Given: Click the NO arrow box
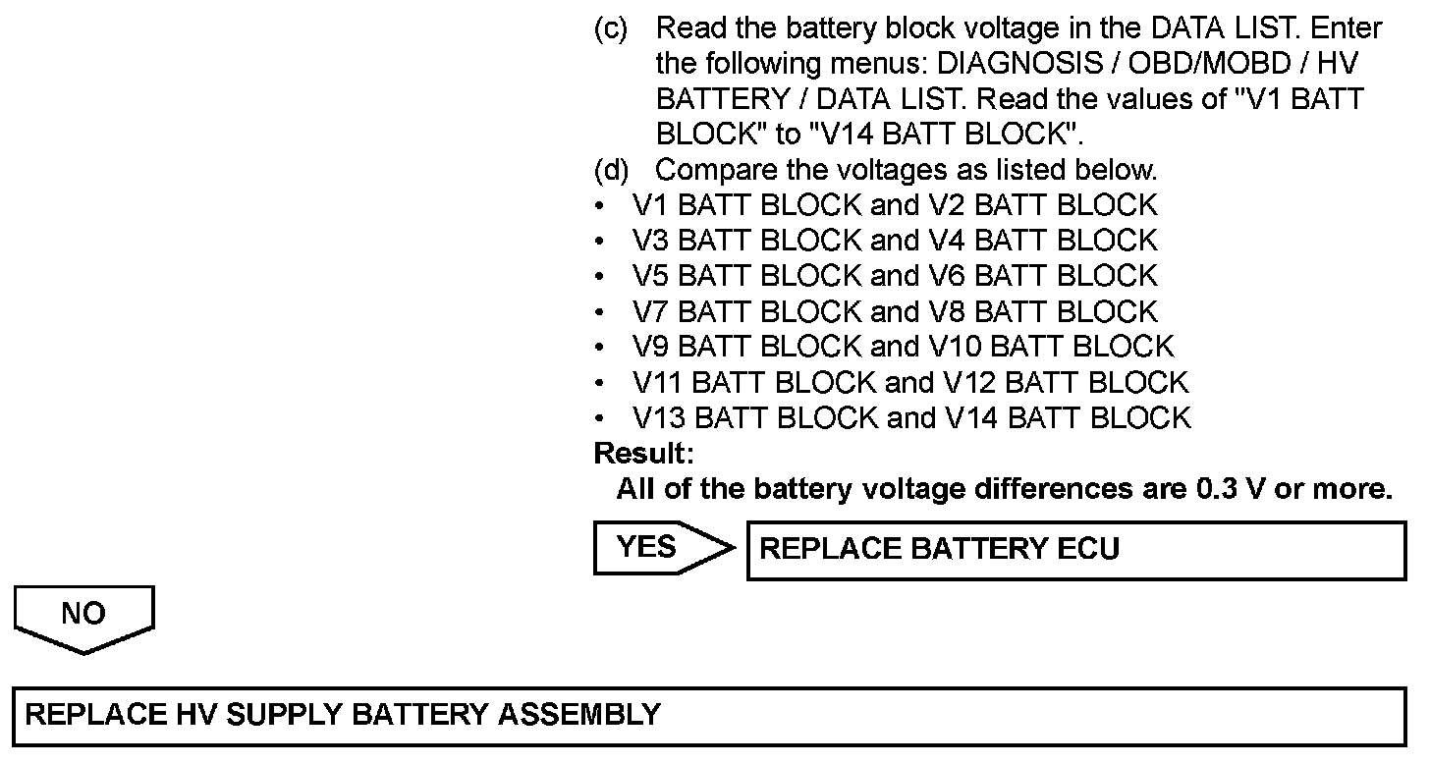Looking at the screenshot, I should pos(83,615).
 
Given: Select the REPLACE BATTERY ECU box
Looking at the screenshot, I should pos(1075,550).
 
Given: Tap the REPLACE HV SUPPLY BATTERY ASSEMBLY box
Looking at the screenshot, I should pos(707,715).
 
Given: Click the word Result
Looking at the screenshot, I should pos(643,454).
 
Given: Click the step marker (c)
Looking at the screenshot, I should pos(611,29).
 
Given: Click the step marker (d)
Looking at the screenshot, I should pos(611,171).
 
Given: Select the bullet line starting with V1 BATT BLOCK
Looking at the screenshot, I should pos(895,206).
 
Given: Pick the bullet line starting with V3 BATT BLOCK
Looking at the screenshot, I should pos(895,242).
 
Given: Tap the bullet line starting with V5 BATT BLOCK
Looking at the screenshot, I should pos(895,277).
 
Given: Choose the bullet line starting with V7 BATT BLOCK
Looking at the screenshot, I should pos(895,312).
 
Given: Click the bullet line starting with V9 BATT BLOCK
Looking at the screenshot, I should pos(903,348).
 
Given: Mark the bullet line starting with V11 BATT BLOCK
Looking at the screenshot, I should pos(910,383).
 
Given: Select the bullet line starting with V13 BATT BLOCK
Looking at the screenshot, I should pos(910,418).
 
